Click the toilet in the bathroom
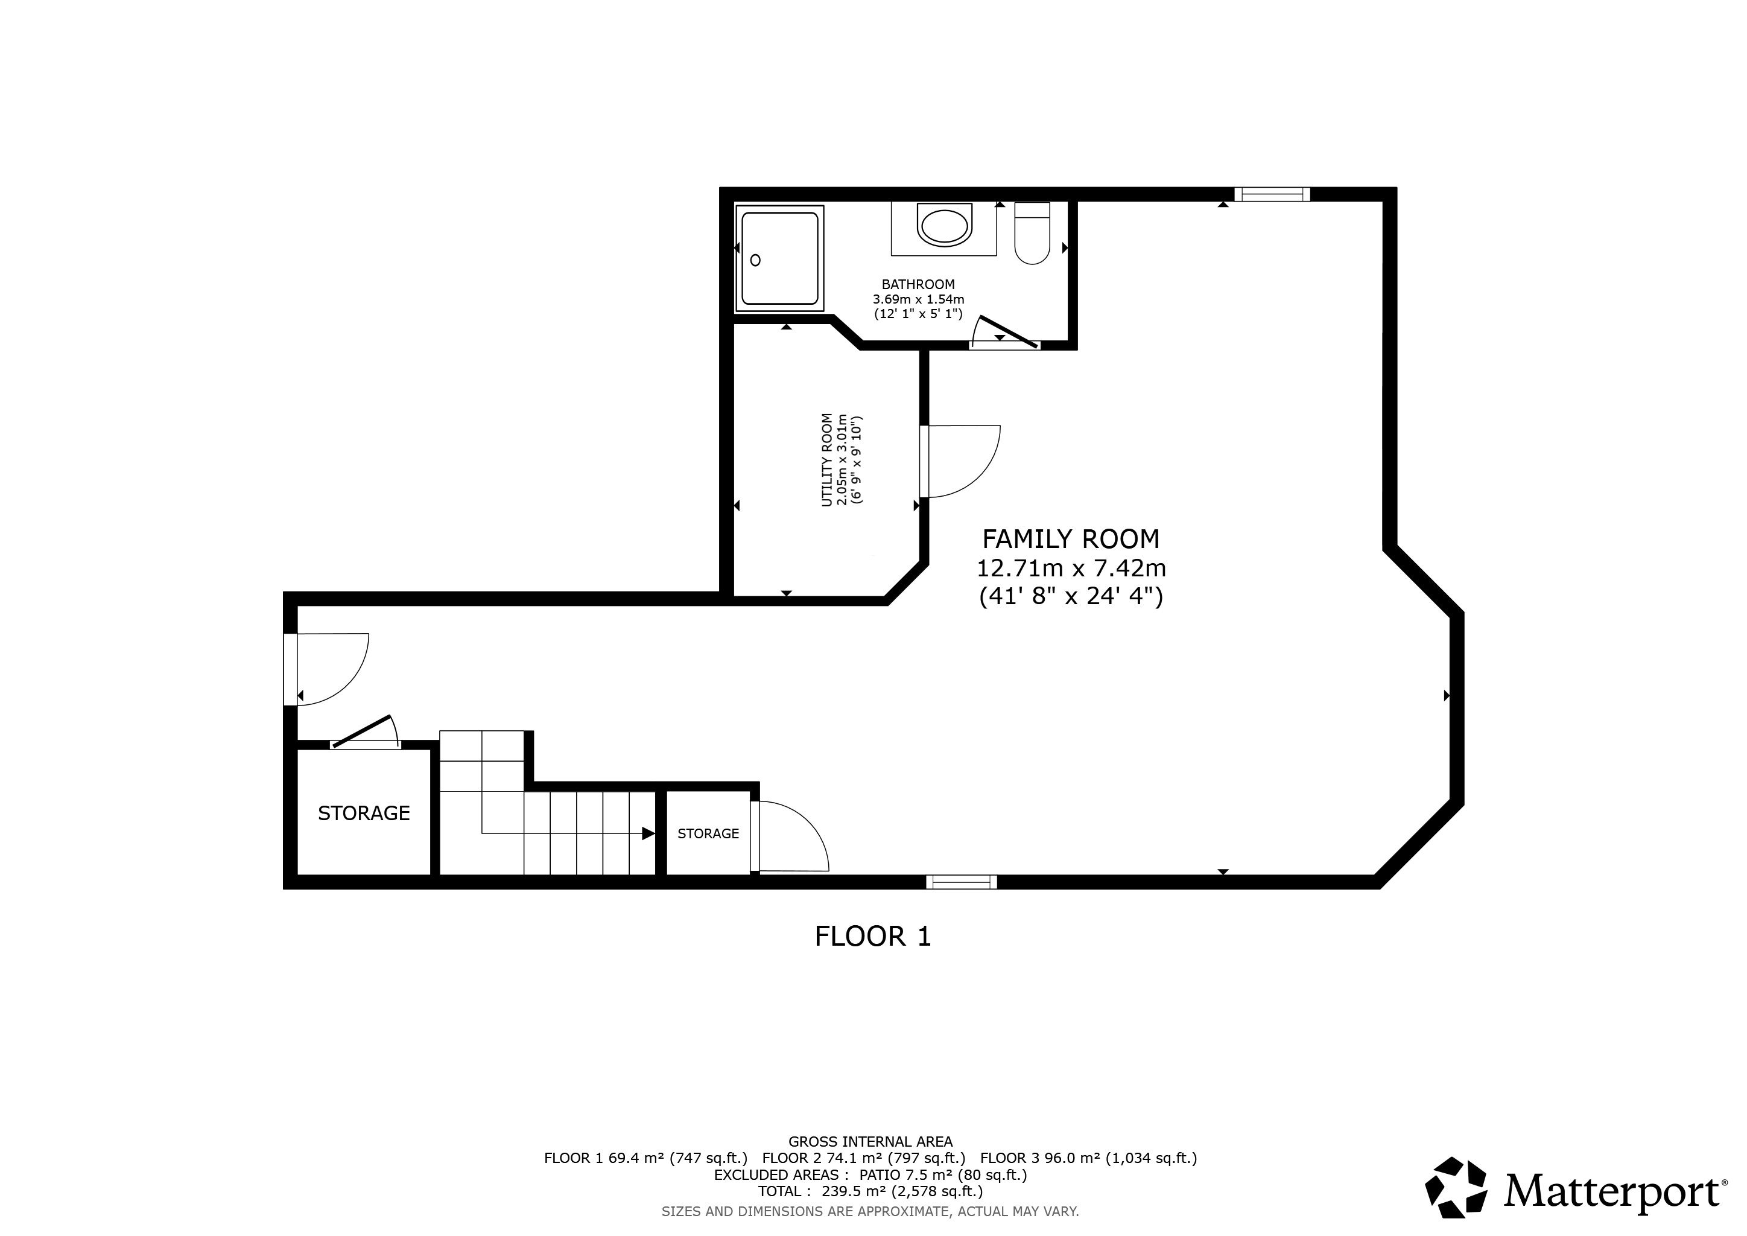pyautogui.click(x=1033, y=233)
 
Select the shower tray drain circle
pyautogui.click(x=755, y=260)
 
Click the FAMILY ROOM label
pyautogui.click(x=1071, y=539)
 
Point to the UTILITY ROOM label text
pyautogui.click(x=826, y=460)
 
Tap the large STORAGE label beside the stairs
pyautogui.click(x=364, y=814)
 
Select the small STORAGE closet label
pyautogui.click(x=708, y=833)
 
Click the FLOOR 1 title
pyautogui.click(x=873, y=936)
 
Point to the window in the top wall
pyautogui.click(x=1272, y=194)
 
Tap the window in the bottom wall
pyautogui.click(x=962, y=882)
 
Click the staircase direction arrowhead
pyautogui.click(x=649, y=833)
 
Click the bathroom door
pyautogui.click(x=1007, y=332)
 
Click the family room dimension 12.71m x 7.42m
pyautogui.click(x=1071, y=569)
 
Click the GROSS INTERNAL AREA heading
pyautogui.click(x=870, y=1142)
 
